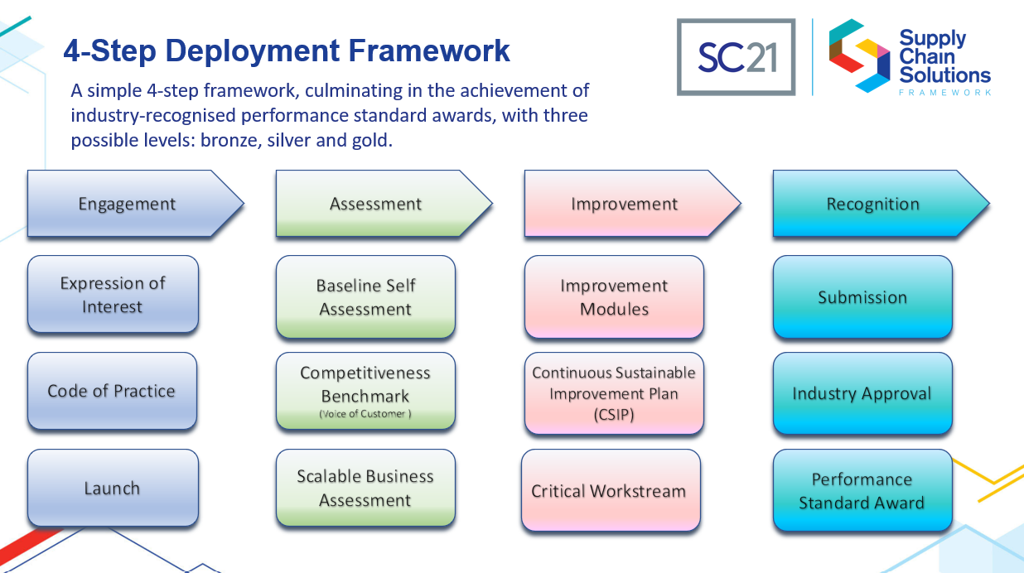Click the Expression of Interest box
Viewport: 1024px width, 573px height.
coord(113,294)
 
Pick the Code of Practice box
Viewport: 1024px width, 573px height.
coord(112,391)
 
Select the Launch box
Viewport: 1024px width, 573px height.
coord(113,488)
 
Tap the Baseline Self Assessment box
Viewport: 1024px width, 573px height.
coord(365,297)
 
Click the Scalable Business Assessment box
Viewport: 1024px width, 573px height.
coord(365,488)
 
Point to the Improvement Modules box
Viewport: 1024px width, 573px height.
coord(614,297)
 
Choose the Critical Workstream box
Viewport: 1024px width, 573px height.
coord(611,490)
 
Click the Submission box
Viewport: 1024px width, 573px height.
coord(862,297)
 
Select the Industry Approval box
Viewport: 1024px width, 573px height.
coord(862,393)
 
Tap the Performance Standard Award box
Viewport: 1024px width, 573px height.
coord(862,490)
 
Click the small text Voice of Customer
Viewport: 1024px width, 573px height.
coord(365,414)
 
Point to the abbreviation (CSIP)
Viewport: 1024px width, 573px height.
coord(614,415)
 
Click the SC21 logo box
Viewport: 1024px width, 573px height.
coord(736,57)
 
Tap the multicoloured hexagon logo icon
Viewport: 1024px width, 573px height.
coord(859,55)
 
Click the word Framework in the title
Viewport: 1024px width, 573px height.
coord(429,51)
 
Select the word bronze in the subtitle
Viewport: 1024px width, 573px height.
coord(231,140)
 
